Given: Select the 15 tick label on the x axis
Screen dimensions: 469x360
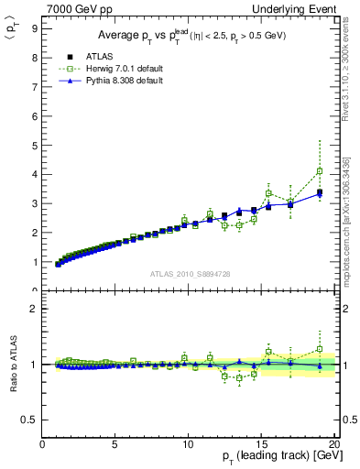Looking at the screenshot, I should coord(260,444).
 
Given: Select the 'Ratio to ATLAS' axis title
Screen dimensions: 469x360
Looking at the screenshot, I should coord(12,365).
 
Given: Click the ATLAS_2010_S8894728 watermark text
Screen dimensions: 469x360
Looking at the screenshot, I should coord(190,274).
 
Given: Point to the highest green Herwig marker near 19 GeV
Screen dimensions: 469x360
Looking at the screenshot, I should coord(319,171).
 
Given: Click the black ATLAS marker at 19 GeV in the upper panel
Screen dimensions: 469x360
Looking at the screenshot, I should coord(319,192).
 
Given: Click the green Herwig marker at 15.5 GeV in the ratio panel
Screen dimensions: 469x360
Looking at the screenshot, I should coord(268,352).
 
